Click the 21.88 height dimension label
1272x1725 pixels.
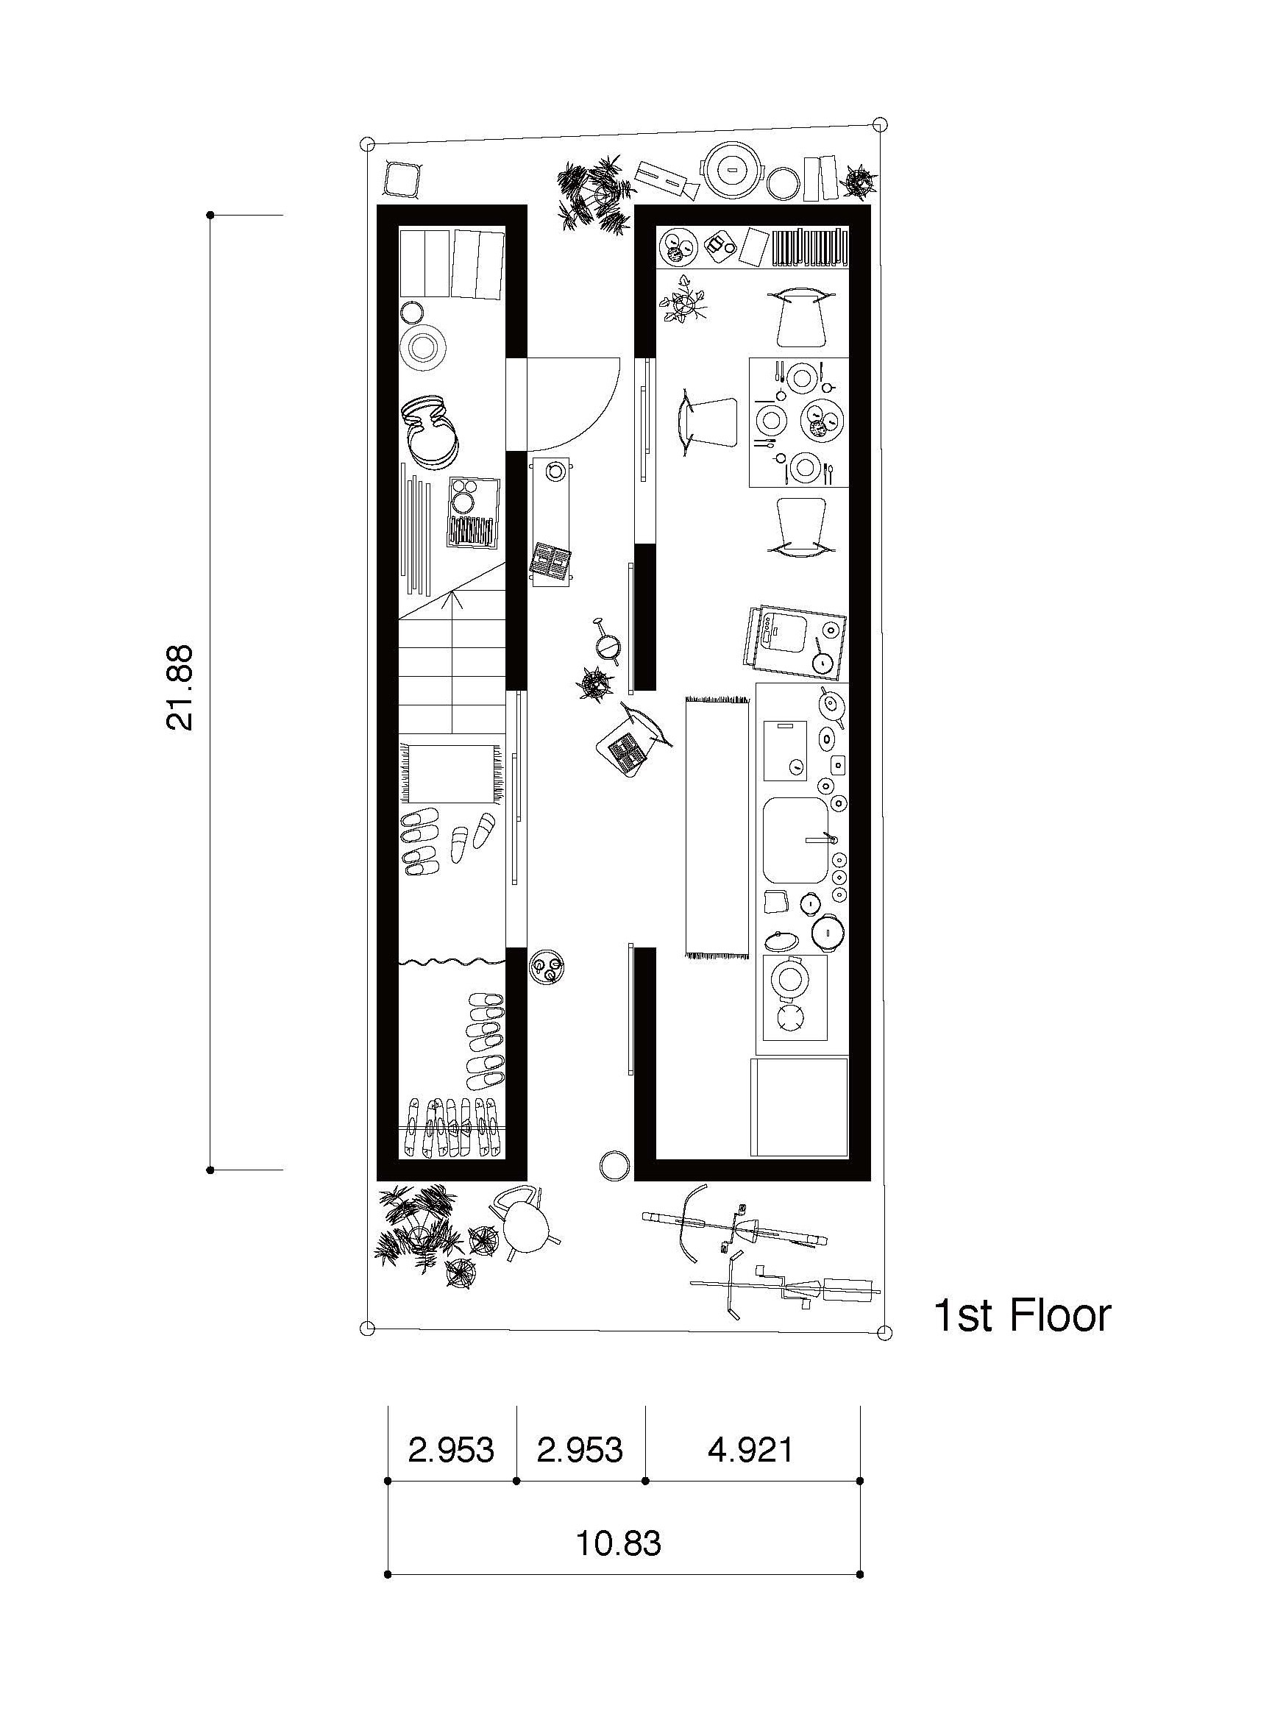coord(179,686)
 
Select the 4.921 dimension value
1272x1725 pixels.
coord(750,1449)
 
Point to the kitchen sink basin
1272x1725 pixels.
coord(795,840)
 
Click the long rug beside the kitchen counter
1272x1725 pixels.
coord(717,827)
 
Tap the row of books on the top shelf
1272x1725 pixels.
coord(809,248)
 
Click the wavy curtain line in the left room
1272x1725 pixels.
coord(452,961)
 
